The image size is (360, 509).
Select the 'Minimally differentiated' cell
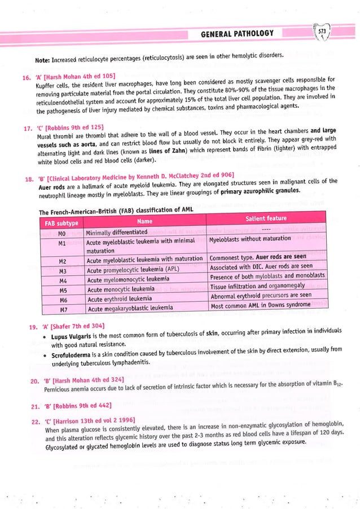(x=117, y=232)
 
